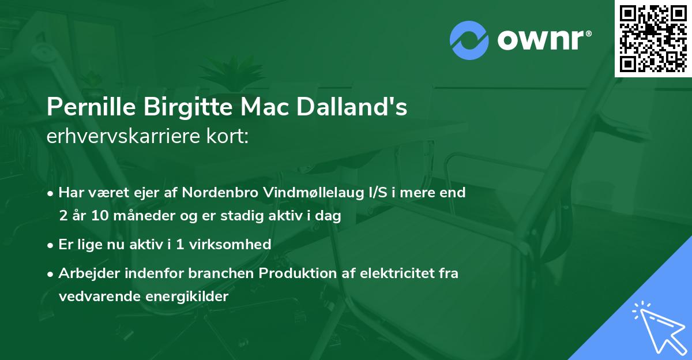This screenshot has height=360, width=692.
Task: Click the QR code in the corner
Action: pyautogui.click(x=653, y=38)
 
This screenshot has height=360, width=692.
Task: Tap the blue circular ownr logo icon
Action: pyautogui.click(x=469, y=40)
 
